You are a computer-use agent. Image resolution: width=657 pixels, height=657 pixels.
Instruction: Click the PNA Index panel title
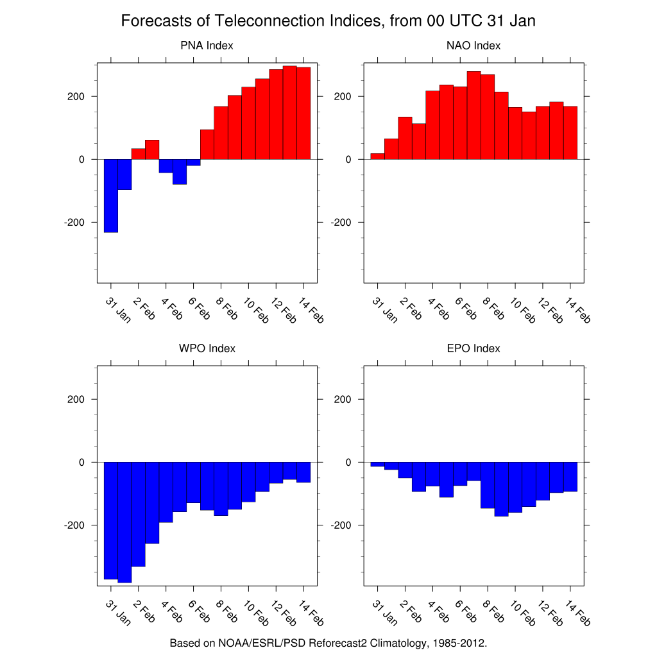[x=207, y=46]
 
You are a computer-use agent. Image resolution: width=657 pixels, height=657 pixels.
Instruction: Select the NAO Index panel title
[x=474, y=46]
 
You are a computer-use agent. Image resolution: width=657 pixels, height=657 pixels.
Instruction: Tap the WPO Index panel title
[x=207, y=348]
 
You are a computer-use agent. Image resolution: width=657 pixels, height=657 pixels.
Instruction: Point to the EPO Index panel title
[x=474, y=348]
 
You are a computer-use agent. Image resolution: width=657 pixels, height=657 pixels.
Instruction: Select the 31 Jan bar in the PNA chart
[x=111, y=196]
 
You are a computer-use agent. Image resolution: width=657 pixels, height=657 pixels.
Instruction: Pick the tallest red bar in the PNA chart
[x=290, y=112]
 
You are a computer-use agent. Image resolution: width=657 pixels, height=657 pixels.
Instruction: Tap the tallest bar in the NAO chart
[x=474, y=115]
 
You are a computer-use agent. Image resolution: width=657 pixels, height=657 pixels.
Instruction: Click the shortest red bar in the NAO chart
[x=378, y=156]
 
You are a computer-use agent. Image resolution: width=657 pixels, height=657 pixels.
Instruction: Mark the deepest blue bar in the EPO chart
[x=501, y=489]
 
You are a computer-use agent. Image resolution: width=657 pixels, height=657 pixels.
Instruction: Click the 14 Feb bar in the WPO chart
[x=303, y=472]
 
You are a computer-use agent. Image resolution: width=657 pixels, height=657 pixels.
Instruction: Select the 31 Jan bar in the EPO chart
[x=378, y=464]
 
